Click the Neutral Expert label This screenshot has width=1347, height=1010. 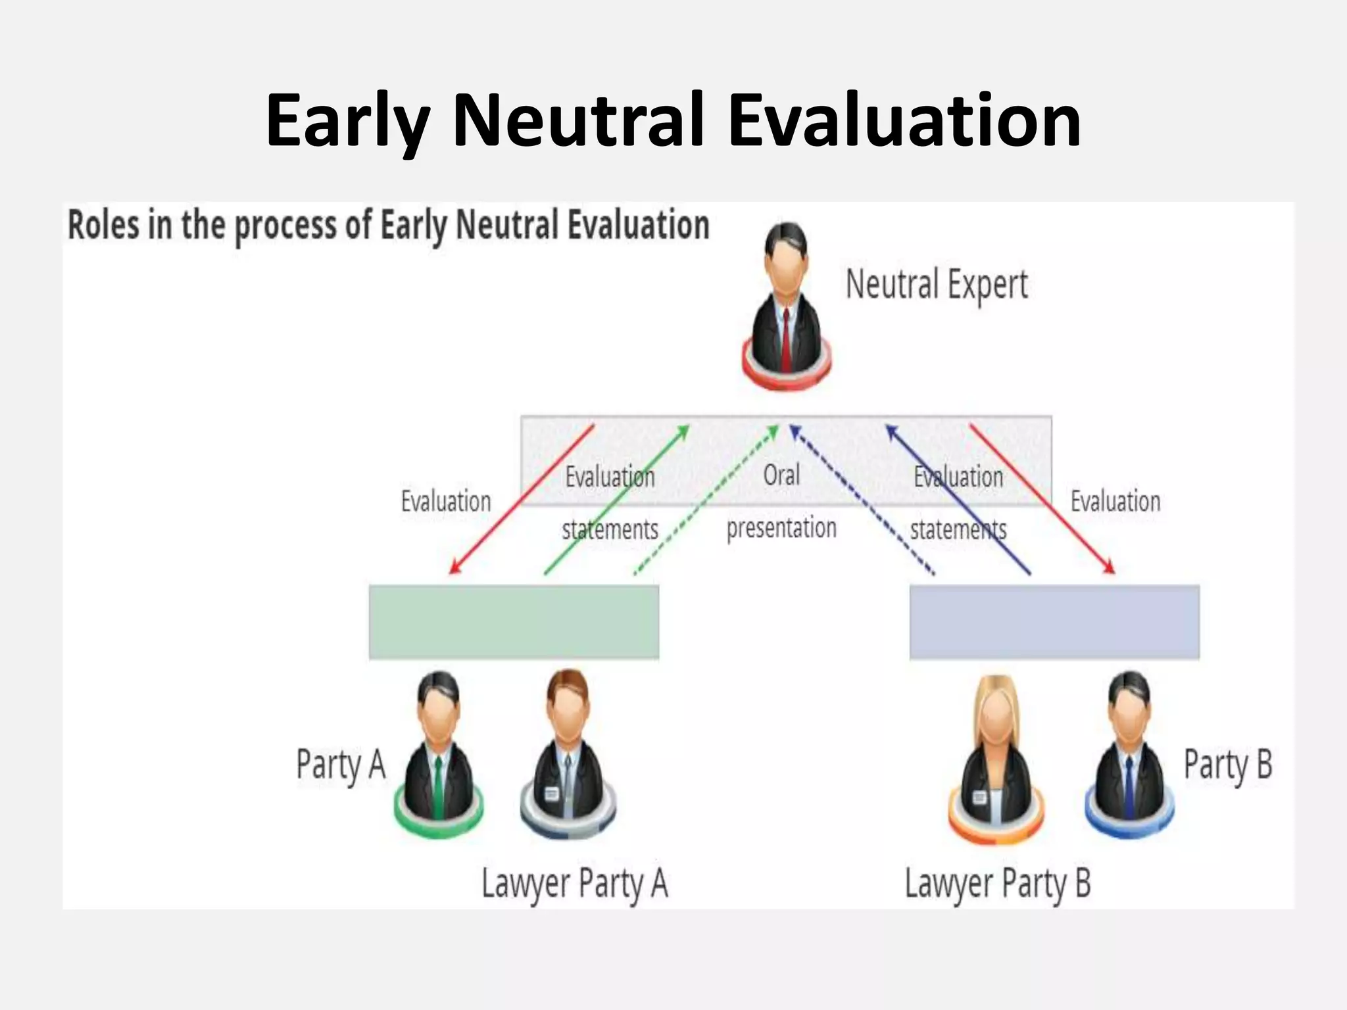[936, 285]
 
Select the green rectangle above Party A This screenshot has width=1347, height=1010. [514, 622]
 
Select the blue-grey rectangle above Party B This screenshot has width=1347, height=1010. [1054, 622]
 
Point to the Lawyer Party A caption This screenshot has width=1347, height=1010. [574, 883]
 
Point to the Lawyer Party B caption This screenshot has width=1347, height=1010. [997, 883]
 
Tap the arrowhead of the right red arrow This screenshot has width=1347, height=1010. [1110, 569]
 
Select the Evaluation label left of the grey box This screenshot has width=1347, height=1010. [446, 502]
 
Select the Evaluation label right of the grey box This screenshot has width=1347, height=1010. [1115, 502]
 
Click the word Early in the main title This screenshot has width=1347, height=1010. [347, 122]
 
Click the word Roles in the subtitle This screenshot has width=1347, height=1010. [103, 226]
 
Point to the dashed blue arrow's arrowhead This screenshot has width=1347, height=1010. [794, 430]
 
